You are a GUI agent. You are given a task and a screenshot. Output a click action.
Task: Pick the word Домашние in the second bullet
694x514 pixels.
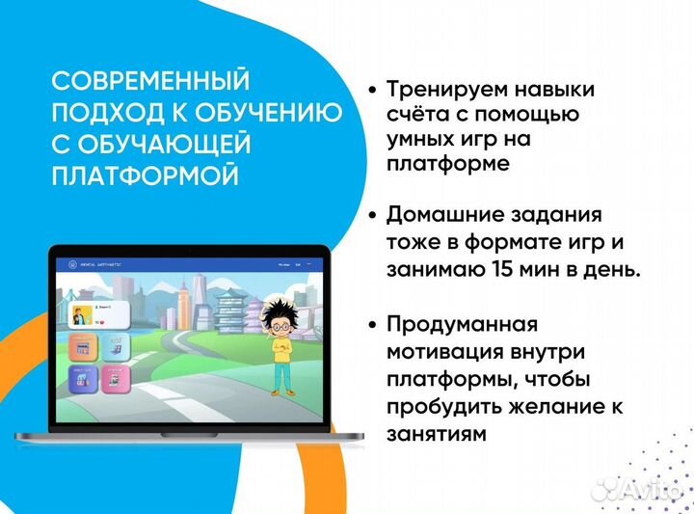coord(434,213)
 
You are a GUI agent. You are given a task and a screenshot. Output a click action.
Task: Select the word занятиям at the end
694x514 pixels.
coord(436,435)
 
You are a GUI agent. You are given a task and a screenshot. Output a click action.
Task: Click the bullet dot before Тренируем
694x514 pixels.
coord(372,90)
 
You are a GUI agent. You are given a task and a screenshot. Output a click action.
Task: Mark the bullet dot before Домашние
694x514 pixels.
coord(372,213)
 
